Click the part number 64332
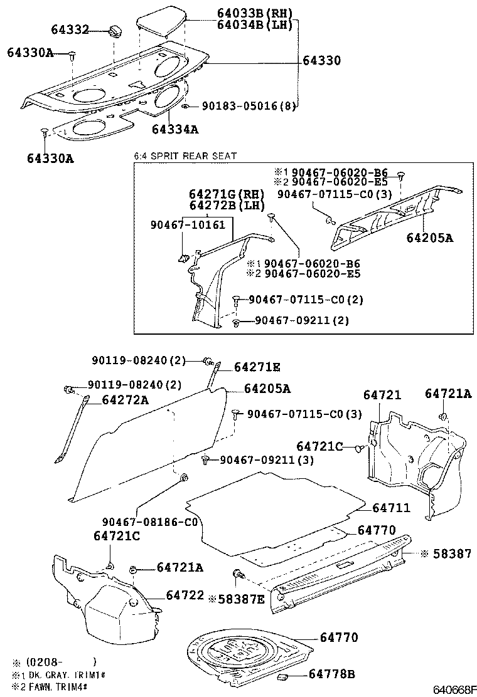(70, 30)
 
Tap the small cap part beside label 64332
(115, 31)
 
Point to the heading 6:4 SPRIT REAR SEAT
(185, 155)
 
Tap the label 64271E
(258, 367)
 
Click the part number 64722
(185, 594)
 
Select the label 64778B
(332, 674)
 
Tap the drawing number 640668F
(454, 689)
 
